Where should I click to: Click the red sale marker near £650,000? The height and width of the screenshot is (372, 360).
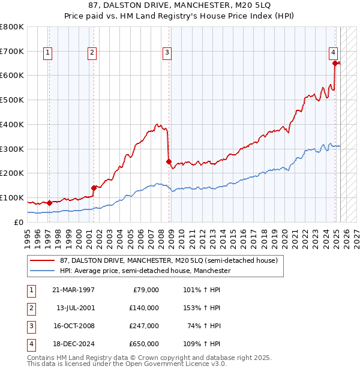pos(334,62)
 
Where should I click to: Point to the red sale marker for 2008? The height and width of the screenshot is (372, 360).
pos(169,161)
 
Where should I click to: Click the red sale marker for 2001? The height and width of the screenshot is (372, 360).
pos(94,187)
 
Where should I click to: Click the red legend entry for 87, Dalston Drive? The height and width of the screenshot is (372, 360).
pos(169,260)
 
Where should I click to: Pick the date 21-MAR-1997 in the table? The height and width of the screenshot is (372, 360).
pos(74,290)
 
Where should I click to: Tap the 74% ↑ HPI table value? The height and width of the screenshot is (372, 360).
pos(203,326)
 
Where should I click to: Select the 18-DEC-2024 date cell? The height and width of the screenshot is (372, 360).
pos(74,344)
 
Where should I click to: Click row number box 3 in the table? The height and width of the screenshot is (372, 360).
pos(30,326)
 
